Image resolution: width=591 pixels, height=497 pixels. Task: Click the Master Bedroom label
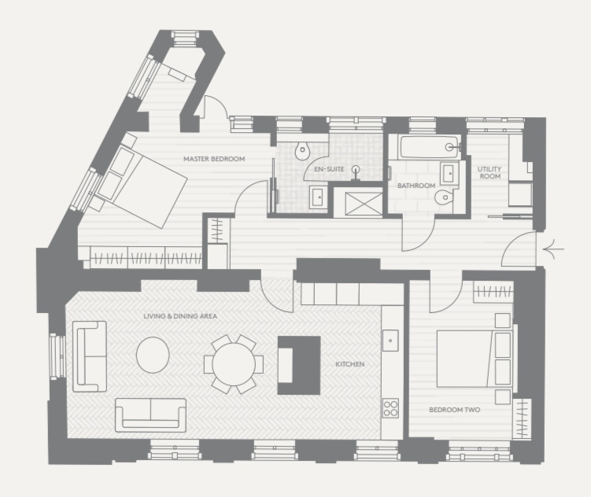click(214, 159)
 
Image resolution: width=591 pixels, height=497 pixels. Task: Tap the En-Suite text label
click(329, 169)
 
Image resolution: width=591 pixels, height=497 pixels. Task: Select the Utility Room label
click(489, 172)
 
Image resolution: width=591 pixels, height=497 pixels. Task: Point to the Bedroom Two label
click(455, 410)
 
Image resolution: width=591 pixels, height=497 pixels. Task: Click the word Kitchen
click(349, 364)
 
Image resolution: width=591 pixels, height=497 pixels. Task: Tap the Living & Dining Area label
click(180, 316)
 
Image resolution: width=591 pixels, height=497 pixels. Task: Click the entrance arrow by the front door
click(554, 248)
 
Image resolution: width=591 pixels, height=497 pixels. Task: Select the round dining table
click(234, 364)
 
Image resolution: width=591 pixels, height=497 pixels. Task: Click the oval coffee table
click(153, 355)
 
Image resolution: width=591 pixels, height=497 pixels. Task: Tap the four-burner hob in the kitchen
click(390, 408)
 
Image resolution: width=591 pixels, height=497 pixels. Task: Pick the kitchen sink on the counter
click(390, 341)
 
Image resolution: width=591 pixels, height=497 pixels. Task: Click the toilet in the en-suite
click(302, 151)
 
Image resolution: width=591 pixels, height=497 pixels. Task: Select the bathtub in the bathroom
click(430, 147)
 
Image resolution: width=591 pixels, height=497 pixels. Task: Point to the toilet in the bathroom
click(444, 196)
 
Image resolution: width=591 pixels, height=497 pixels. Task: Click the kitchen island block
click(299, 365)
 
